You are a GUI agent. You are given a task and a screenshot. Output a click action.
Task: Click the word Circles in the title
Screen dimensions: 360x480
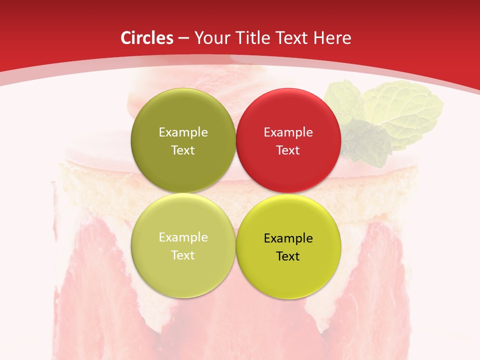(146, 38)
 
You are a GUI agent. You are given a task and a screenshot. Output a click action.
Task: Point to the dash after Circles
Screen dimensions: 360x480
(183, 38)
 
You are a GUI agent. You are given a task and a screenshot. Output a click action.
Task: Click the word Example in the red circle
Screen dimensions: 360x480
(288, 132)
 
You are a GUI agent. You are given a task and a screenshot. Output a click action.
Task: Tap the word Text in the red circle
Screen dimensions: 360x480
(288, 150)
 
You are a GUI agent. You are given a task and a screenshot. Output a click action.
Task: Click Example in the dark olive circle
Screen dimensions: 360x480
(183, 132)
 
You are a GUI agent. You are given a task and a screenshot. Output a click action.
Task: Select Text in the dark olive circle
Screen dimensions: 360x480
(183, 150)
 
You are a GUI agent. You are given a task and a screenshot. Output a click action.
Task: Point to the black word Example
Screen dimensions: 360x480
(288, 238)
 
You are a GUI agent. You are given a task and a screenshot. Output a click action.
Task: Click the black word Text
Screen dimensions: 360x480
(288, 256)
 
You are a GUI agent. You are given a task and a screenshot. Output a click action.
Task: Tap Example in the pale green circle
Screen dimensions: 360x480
(183, 237)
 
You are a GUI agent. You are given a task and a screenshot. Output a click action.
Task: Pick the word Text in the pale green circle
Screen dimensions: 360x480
(183, 255)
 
